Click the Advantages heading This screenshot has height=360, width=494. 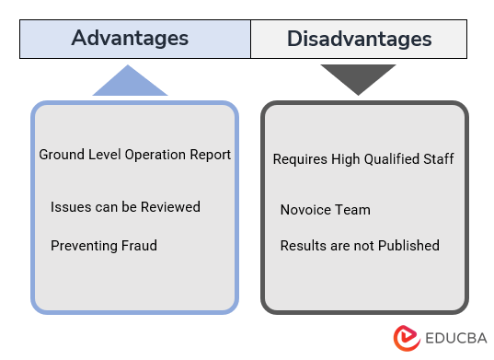coord(130,39)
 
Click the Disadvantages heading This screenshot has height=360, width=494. coord(359,39)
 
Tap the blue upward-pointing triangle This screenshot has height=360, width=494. coord(130,82)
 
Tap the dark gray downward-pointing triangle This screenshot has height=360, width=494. coord(358,78)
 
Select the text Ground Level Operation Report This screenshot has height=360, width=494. coord(134,155)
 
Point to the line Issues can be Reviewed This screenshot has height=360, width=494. coord(125,206)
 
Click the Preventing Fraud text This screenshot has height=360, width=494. coord(104,245)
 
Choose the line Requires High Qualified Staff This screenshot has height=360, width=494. coord(363,159)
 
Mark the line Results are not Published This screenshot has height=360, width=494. coord(360,245)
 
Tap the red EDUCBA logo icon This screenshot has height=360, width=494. coord(406,337)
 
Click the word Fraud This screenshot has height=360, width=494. coord(138,245)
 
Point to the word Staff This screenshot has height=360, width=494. coord(438,159)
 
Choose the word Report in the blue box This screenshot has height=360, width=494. coord(210,155)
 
